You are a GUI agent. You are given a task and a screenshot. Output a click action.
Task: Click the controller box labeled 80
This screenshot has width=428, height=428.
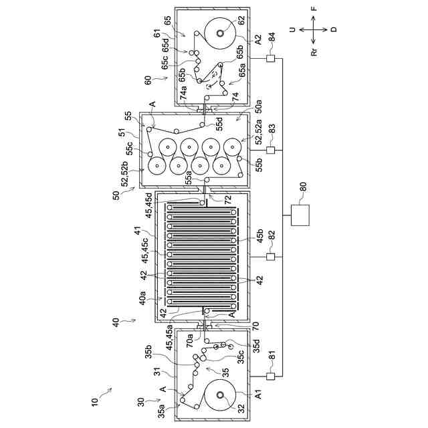301,217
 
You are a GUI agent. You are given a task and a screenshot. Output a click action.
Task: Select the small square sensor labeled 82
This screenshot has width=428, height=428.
272,257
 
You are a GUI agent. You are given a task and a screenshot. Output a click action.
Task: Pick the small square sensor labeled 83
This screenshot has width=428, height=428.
272,150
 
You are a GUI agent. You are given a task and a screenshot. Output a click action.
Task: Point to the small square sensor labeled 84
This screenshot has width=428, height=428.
272,60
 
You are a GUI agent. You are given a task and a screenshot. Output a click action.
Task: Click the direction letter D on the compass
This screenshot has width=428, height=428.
334,29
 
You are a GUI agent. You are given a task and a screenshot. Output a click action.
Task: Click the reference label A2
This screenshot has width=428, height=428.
258,39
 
